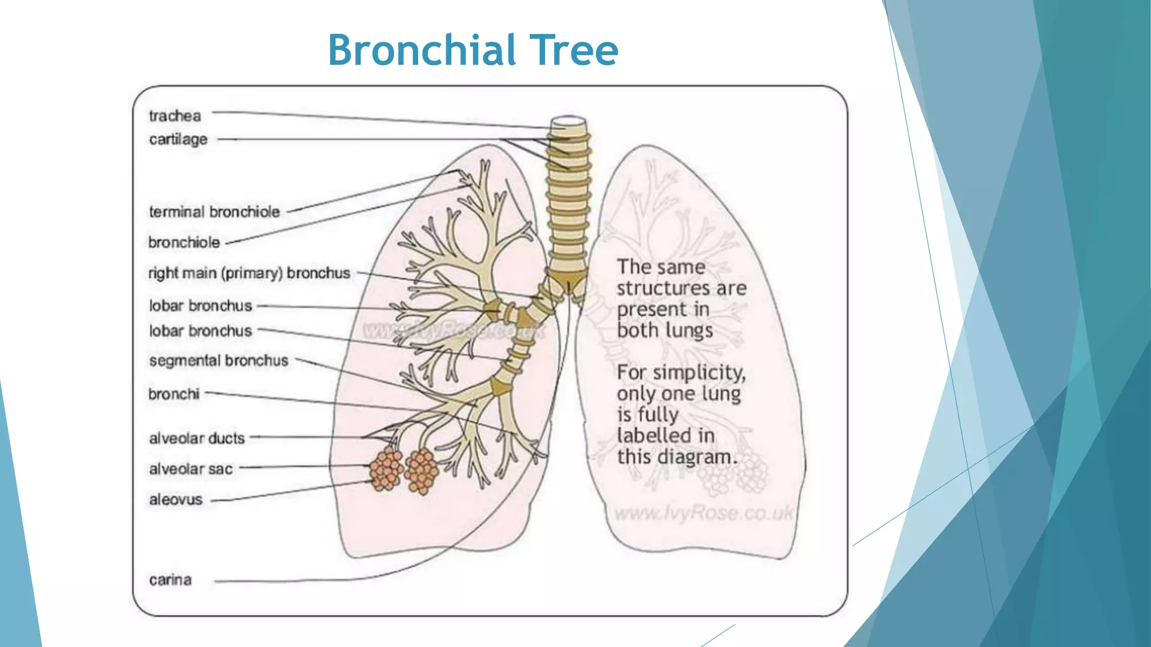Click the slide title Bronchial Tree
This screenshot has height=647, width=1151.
coord(473,50)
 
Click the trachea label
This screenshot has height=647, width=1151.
coord(175,116)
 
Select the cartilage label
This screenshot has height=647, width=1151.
coord(178,139)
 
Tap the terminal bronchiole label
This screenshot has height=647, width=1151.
coord(214,212)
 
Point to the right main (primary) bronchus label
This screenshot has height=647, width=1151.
coord(249,273)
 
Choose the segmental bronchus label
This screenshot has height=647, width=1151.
coord(219,361)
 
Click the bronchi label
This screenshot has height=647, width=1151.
coord(174,394)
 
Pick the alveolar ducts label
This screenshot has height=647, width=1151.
coord(197,438)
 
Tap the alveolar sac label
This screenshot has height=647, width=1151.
coord(191,469)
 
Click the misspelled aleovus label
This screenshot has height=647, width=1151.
coord(175,499)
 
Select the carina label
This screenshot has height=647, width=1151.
coord(170,580)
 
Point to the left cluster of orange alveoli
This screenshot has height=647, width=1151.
coord(386,469)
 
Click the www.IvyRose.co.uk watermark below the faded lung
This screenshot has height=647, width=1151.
coord(703,513)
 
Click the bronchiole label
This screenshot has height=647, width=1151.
coord(184,243)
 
